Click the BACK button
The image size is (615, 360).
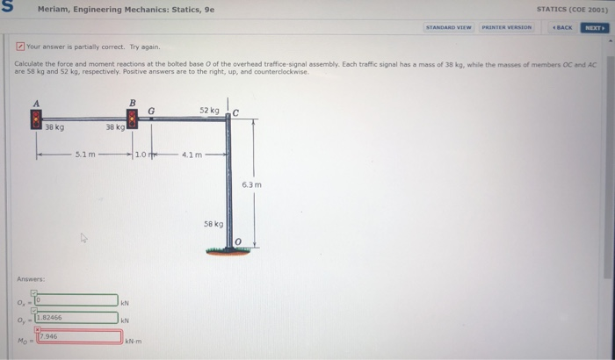point(562,27)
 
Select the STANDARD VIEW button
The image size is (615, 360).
point(449,27)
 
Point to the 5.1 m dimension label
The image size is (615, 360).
point(85,155)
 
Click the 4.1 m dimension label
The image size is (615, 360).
point(192,155)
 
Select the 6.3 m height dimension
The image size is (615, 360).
point(251,185)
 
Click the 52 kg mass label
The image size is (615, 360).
point(208,111)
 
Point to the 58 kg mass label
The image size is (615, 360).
point(215,226)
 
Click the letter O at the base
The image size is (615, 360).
point(236,242)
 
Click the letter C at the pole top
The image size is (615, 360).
point(235,111)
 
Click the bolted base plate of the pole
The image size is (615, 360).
point(228,251)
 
